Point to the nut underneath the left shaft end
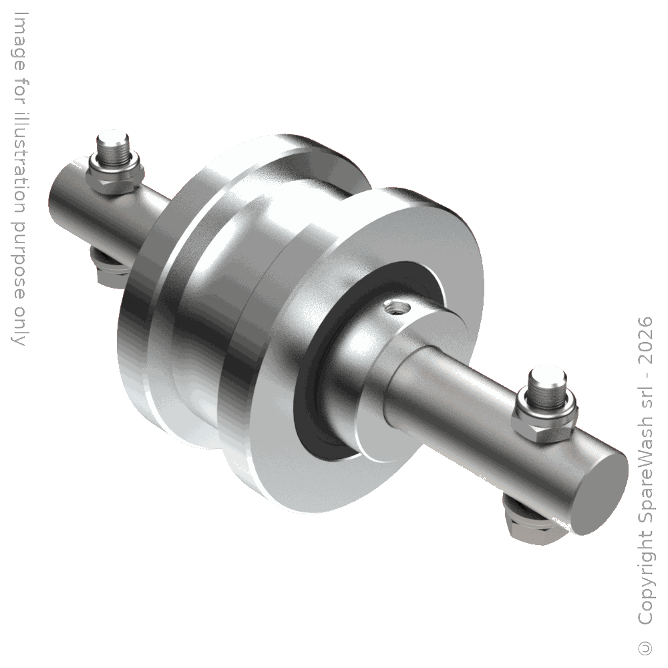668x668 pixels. [x=109, y=269]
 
